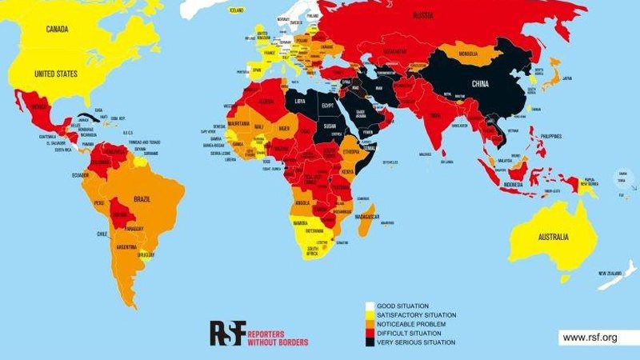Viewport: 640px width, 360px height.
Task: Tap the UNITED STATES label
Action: [56, 75]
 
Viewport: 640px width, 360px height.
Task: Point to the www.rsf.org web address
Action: [590, 338]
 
